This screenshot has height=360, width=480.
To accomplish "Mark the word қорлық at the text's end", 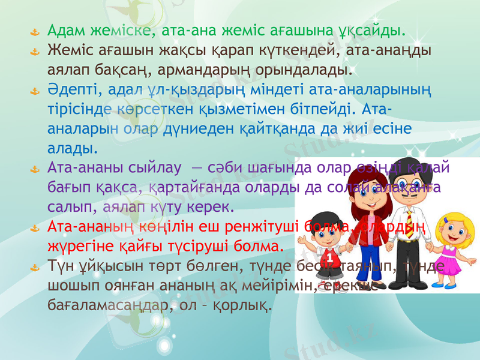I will (x=244, y=305).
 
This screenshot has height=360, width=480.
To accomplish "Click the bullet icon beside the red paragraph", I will (x=35, y=228).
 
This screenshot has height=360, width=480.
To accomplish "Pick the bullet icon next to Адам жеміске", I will (x=35, y=31).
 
